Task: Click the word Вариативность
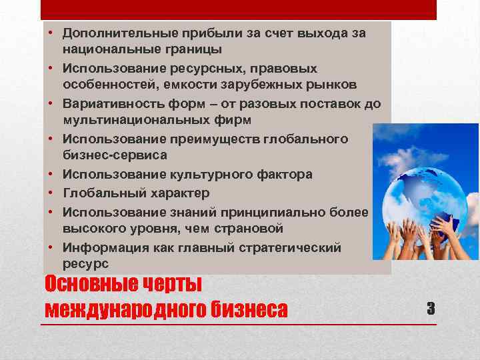pyautogui.click(x=108, y=103)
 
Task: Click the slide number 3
pyautogui.click(x=431, y=308)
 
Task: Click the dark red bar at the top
pyautogui.click(x=238, y=9)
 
